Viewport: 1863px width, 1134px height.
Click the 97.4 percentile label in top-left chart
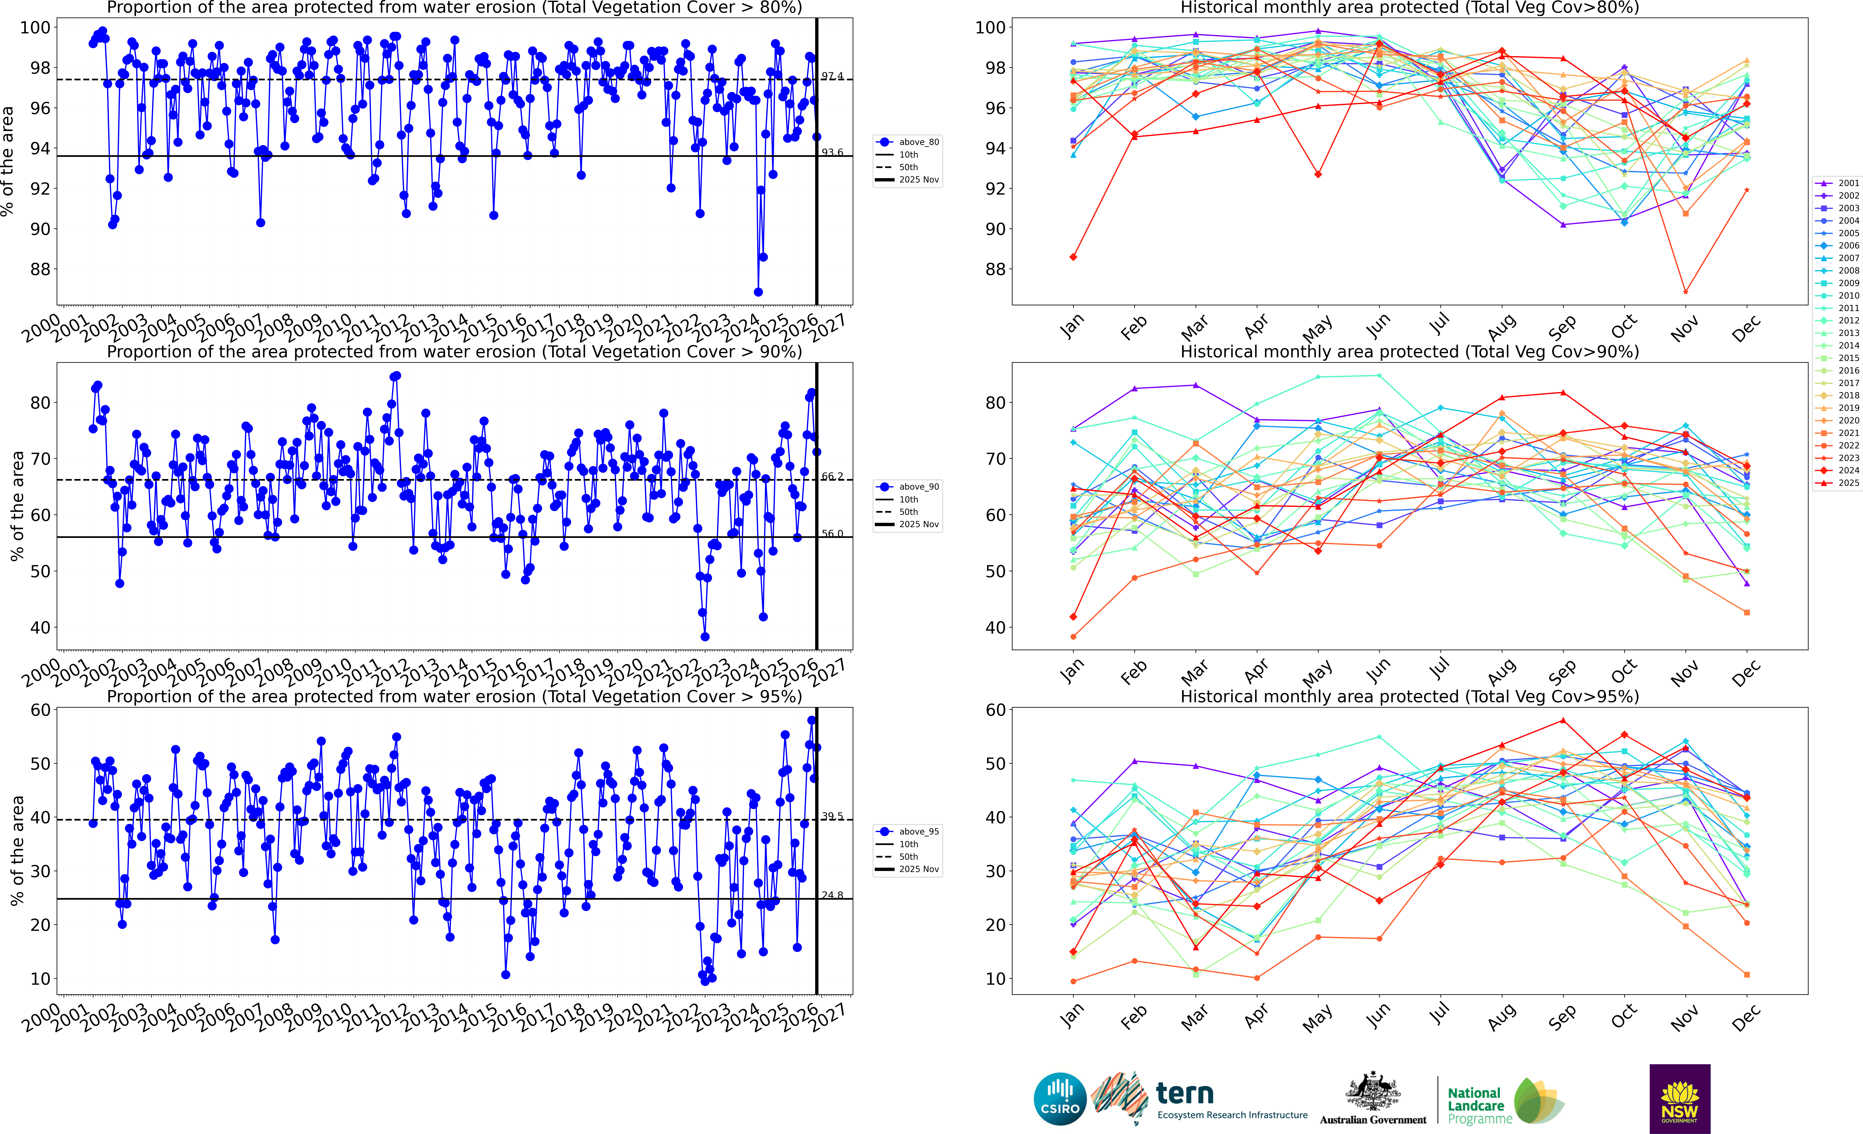pos(832,76)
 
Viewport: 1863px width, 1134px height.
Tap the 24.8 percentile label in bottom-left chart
pos(832,895)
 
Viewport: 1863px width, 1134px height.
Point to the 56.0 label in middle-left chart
pos(832,534)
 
